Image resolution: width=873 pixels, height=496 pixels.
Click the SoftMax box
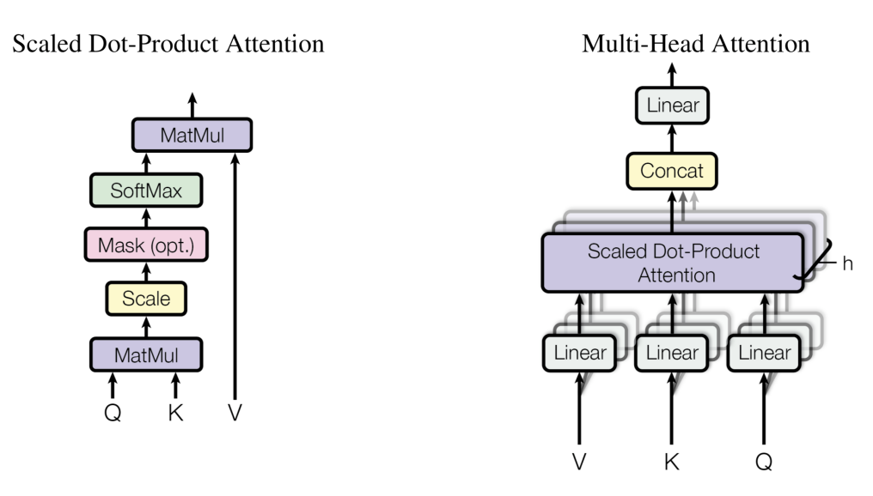(145, 191)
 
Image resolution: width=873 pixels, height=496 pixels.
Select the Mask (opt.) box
(147, 245)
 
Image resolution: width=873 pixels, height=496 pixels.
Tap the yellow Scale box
(146, 299)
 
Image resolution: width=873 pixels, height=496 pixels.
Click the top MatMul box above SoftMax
(192, 136)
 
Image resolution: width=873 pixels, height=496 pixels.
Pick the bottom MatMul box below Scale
(146, 353)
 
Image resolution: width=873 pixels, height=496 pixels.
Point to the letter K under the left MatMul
(175, 413)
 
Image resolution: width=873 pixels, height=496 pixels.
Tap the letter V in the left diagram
(235, 413)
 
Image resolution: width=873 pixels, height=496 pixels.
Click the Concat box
(672, 171)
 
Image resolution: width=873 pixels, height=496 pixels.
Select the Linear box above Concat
(672, 106)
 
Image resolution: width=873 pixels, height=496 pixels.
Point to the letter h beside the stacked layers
(848, 264)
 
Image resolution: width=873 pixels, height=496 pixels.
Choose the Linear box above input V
(579, 353)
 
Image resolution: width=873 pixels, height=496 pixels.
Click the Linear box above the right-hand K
(672, 353)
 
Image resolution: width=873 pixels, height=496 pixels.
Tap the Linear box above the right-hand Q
(764, 353)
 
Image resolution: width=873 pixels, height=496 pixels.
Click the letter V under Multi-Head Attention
(579, 462)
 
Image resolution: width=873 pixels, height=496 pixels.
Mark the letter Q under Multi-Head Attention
(764, 462)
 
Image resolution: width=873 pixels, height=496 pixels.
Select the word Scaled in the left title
(43, 44)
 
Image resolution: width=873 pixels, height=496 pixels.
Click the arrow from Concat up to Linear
(672, 139)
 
